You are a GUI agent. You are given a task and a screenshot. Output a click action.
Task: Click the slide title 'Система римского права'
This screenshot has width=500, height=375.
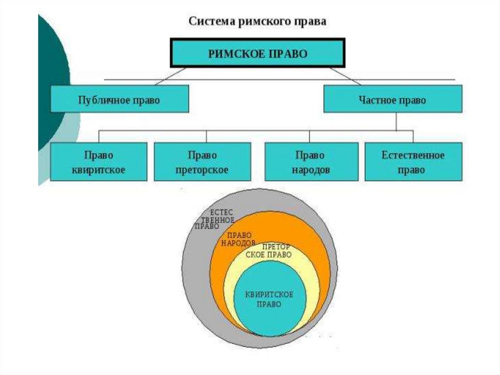257,22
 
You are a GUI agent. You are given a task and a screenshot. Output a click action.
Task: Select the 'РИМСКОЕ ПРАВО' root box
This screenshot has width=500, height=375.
258,53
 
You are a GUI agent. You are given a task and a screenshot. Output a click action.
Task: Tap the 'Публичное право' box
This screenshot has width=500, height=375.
120,100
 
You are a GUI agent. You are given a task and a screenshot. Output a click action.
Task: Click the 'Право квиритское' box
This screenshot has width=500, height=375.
99,162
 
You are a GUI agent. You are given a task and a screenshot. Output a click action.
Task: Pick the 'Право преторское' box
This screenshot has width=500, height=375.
202,162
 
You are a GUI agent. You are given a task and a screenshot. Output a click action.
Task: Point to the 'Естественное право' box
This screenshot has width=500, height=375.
413,162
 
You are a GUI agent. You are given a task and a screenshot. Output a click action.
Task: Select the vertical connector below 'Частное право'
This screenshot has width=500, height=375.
396,121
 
